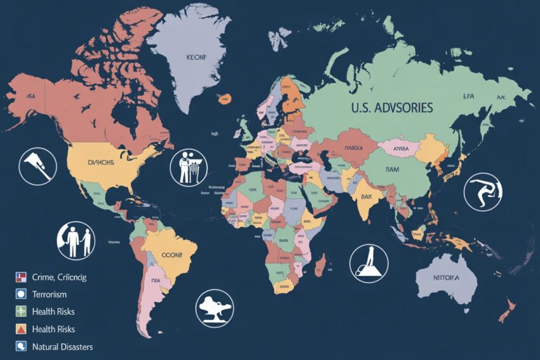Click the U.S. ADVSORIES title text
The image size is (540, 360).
coord(391,108)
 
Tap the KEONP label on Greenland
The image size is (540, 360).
coord(198,57)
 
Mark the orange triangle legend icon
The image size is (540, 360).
coord(21,329)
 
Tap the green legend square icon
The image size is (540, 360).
coord(21,312)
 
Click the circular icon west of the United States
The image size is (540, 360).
coord(37,166)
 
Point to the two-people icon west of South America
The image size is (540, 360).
coord(76,241)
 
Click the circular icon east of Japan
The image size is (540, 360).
coord(483,190)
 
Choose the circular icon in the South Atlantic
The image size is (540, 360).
coord(215,308)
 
